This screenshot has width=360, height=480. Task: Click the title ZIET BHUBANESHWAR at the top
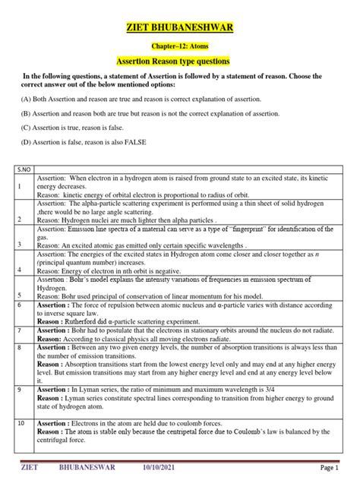(x=179, y=28)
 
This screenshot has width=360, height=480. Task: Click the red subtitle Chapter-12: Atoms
(x=179, y=46)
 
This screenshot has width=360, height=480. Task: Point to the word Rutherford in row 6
(x=78, y=321)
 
